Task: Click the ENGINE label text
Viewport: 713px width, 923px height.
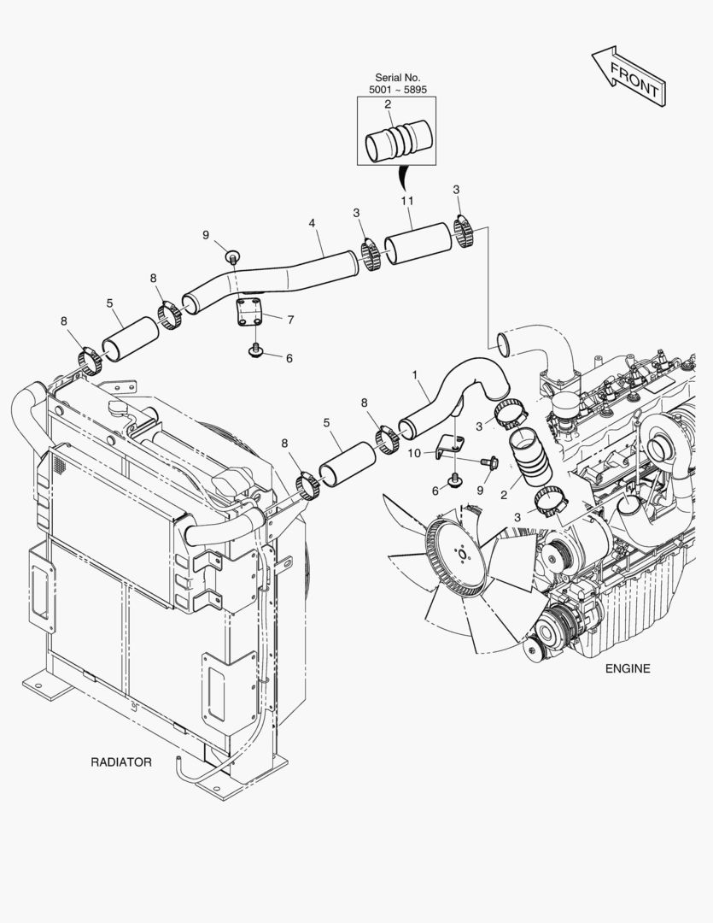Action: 628,668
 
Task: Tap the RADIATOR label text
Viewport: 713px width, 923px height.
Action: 121,761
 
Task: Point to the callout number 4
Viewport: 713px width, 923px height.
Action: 313,224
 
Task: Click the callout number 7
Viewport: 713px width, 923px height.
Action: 290,320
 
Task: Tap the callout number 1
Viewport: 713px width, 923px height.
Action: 415,374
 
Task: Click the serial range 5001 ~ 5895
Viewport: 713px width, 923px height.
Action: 397,90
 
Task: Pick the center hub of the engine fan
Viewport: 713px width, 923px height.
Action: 461,554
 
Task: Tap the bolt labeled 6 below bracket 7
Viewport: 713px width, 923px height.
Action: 256,350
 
